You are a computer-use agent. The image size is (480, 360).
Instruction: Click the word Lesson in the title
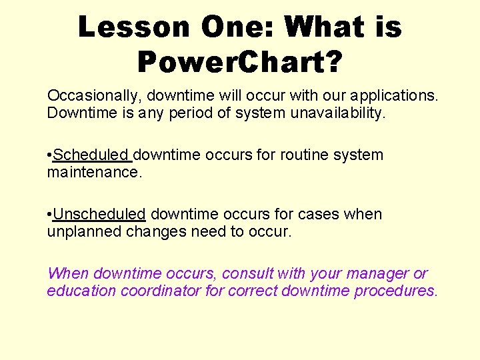(133, 27)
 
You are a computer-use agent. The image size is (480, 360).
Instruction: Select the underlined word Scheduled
(91, 155)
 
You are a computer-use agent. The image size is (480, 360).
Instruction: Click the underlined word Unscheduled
(99, 215)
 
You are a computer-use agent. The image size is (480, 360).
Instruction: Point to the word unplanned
(81, 232)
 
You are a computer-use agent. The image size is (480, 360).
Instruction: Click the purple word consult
(247, 274)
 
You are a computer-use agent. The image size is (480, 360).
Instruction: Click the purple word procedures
(396, 291)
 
